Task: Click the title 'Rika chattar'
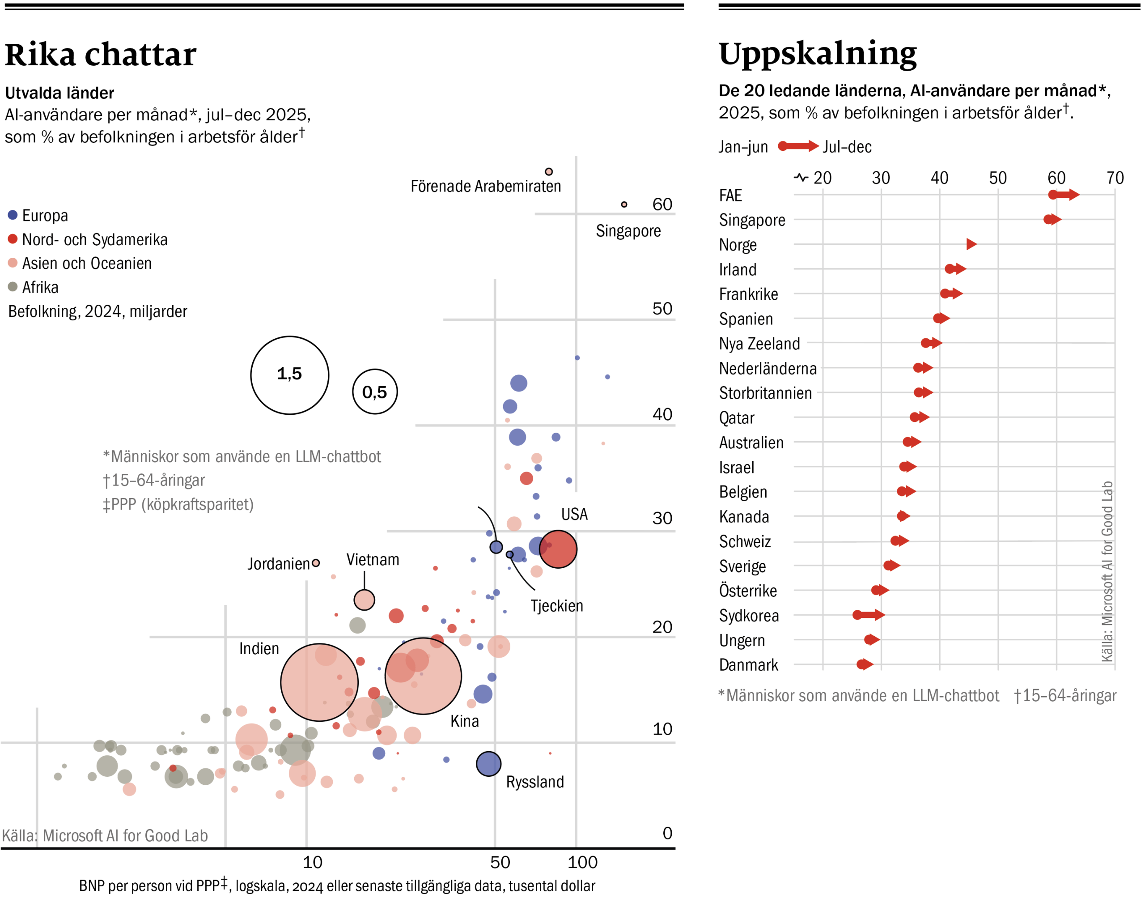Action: pos(100,55)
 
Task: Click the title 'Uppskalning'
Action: pos(817,53)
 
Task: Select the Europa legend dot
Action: pos(13,215)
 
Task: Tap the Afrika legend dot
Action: pos(13,287)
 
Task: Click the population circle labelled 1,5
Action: pos(289,375)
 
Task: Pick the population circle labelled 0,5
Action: pos(374,391)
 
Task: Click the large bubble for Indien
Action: pos(319,682)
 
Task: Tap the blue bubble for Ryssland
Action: pos(488,764)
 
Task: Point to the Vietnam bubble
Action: pos(364,600)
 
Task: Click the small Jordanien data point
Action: pos(316,563)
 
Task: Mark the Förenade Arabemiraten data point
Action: pos(548,172)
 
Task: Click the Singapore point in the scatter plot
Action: pos(623,204)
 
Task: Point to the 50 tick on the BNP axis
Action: pos(500,862)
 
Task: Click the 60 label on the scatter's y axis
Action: pos(662,204)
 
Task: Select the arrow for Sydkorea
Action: pos(869,615)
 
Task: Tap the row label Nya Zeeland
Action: pos(759,344)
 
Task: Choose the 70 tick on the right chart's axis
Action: pos(1115,178)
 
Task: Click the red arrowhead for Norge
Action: pos(971,244)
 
